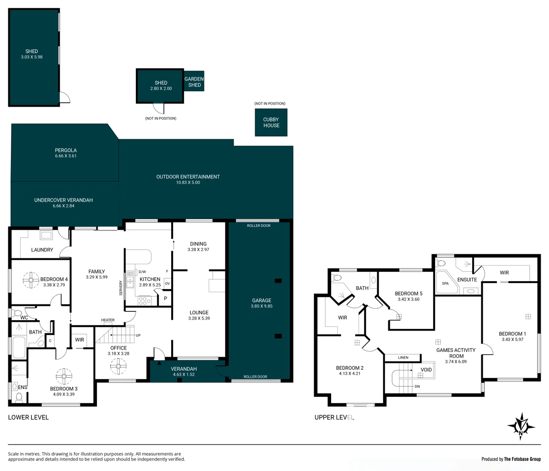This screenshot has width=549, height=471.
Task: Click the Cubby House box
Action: (x=271, y=123)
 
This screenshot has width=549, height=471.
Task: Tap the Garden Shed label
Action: (x=194, y=82)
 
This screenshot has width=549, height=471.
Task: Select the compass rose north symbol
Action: (x=521, y=426)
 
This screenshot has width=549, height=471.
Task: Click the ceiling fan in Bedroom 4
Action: (x=31, y=280)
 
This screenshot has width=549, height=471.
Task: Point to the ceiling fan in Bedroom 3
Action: (x=64, y=376)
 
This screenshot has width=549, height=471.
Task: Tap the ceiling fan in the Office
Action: (x=118, y=367)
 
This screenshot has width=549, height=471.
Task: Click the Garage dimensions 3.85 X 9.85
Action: (x=262, y=306)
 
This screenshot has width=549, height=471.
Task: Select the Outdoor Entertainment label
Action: (x=188, y=177)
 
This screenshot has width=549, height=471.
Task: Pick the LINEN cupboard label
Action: (x=403, y=358)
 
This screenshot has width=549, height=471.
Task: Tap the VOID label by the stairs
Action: (x=426, y=370)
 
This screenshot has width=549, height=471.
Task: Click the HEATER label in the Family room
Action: (x=108, y=320)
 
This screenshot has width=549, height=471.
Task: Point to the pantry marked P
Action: (x=165, y=299)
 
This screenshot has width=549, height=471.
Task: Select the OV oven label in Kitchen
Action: (x=167, y=283)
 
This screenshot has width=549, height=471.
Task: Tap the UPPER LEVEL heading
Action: (x=334, y=417)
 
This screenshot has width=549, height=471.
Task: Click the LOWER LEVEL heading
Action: (x=28, y=417)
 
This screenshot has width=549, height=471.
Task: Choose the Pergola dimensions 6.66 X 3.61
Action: (x=66, y=156)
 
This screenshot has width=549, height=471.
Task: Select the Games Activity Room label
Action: (x=456, y=353)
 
